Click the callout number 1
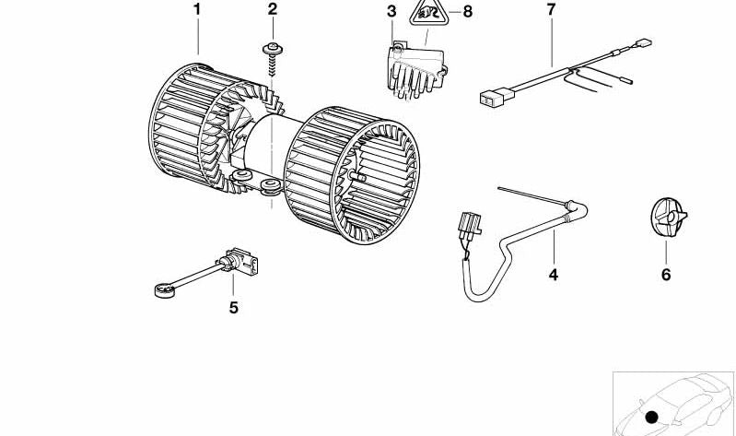pos(196,10)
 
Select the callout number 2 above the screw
pos(272,10)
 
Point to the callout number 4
pos(554,274)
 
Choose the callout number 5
pos(234,308)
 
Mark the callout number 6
pos(666,274)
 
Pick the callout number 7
pos(551,10)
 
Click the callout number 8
pos(467,12)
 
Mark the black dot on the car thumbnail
pos(652,417)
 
